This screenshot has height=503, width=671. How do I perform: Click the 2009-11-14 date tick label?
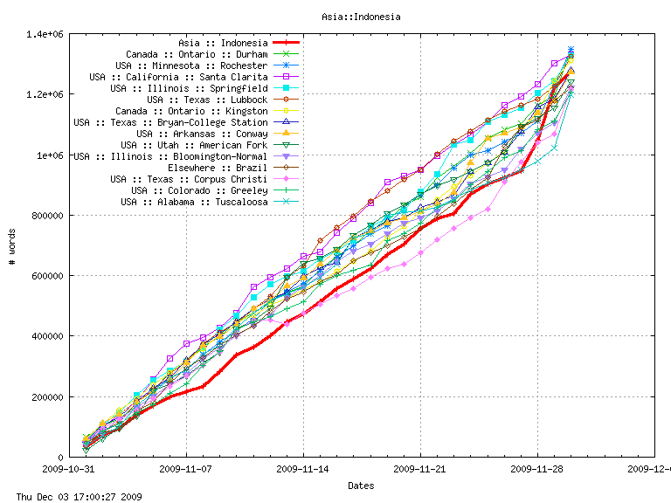[303, 469]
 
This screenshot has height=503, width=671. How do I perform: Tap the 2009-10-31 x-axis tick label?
[70, 469]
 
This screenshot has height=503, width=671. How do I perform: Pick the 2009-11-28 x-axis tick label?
[537, 469]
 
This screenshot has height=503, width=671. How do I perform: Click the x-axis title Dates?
[361, 486]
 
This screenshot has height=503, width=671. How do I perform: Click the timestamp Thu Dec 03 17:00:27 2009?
[73, 496]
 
